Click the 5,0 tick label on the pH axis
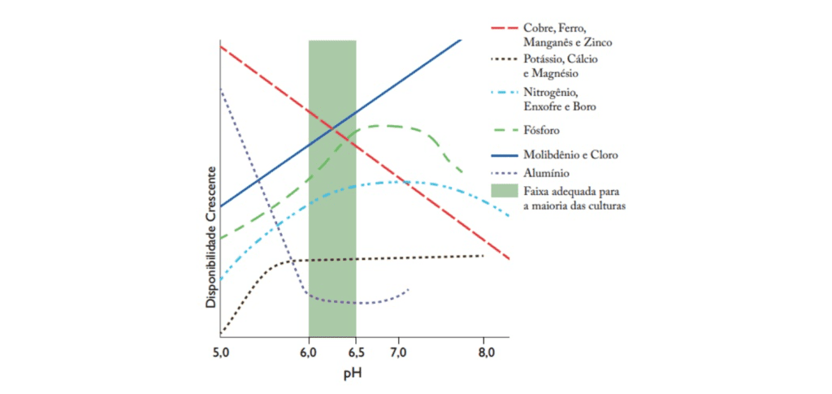(x=221, y=353)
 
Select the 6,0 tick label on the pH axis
(x=309, y=353)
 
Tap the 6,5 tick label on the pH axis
(x=356, y=353)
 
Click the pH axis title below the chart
(x=353, y=376)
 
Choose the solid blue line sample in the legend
(x=505, y=154)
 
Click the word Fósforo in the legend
(x=541, y=130)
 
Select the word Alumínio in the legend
(x=546, y=172)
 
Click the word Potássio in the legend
(x=544, y=59)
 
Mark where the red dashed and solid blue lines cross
(x=332, y=128)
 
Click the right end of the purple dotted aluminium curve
(x=409, y=288)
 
